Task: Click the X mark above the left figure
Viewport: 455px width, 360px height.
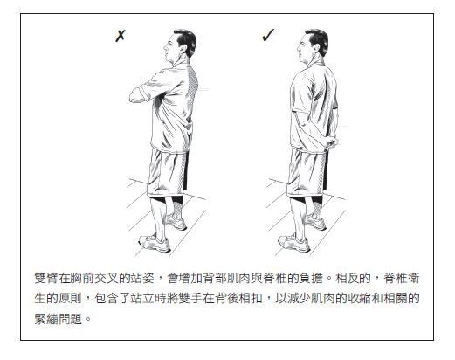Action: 120,36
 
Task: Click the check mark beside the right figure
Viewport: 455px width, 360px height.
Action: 268,35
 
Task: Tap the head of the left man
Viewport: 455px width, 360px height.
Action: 181,45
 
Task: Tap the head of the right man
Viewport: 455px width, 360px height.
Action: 314,45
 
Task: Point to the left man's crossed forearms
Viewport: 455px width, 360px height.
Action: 142,92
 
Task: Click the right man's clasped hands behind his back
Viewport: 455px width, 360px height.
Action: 331,142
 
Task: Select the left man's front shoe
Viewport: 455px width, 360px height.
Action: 155,243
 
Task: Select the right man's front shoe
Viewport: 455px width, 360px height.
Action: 294,243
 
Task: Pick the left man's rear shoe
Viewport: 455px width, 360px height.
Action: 176,222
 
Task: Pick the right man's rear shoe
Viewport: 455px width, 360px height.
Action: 315,222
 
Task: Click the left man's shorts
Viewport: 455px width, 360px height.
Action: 167,172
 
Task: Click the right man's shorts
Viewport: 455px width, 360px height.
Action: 307,172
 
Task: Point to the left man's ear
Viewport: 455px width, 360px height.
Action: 183,49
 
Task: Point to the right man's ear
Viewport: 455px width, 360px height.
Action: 315,49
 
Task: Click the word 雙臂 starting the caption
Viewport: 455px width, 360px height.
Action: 46,278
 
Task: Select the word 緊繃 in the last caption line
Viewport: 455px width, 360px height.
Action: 46,318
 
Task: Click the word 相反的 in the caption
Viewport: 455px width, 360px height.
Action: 353,278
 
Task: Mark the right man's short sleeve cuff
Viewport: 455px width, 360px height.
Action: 301,112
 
